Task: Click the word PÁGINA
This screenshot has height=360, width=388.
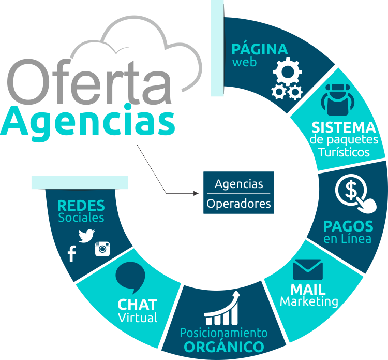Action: pos(259,50)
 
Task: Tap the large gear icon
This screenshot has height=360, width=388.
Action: pos(286,71)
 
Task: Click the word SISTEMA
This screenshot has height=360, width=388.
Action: pos(344,127)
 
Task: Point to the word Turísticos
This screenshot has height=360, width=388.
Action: pos(344,152)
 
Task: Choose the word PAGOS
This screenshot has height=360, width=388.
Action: pos(348,226)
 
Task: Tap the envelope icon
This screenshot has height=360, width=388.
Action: pos(308,269)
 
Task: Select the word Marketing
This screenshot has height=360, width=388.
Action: pos(309,301)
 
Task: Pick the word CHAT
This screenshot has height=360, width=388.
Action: pos(137,305)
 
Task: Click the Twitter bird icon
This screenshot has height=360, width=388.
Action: pos(86,235)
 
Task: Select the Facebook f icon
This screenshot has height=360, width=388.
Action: pos(71,253)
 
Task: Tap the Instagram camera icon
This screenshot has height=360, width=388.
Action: pos(103,249)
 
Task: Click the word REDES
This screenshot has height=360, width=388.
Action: pos(81,206)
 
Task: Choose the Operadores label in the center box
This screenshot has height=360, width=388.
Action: pos(238,204)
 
